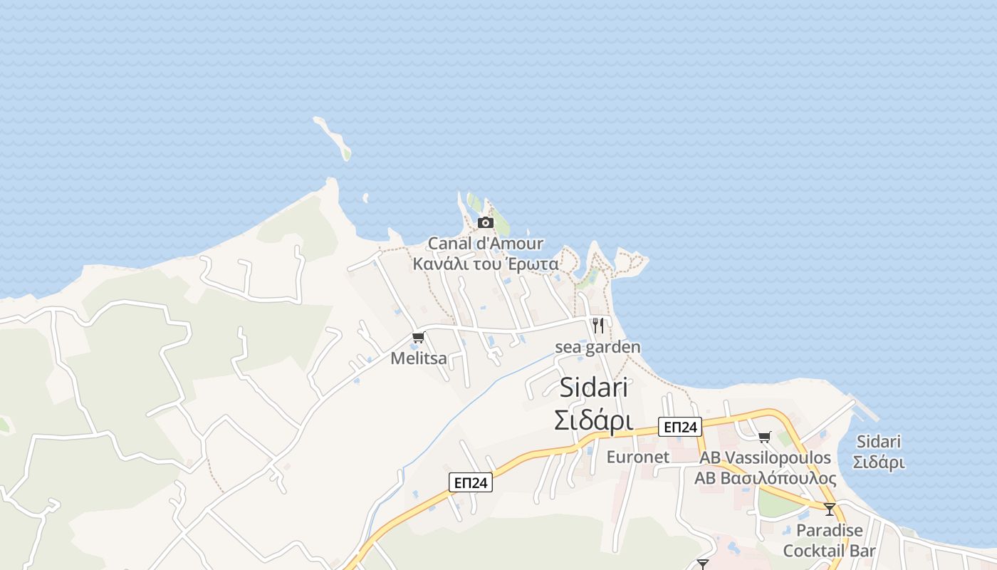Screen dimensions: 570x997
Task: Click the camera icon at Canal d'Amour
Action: pyautogui.click(x=486, y=222)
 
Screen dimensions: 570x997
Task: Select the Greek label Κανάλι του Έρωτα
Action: pyautogui.click(x=486, y=264)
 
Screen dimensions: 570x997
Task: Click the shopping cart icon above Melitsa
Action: pyautogui.click(x=418, y=337)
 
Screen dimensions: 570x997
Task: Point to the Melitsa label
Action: pyautogui.click(x=419, y=358)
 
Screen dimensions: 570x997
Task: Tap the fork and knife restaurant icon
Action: pyautogui.click(x=598, y=326)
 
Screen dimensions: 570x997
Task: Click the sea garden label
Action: pyautogui.click(x=597, y=347)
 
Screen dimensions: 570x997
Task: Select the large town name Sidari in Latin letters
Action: pyautogui.click(x=594, y=388)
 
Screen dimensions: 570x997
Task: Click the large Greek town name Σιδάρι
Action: pyautogui.click(x=594, y=420)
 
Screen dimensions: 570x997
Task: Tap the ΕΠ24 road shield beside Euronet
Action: pyautogui.click(x=680, y=427)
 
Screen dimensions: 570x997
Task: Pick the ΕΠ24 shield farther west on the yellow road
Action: pyautogui.click(x=471, y=482)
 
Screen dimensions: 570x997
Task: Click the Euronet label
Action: pyautogui.click(x=638, y=457)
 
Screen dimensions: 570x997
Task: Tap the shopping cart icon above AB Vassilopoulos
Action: pyautogui.click(x=765, y=437)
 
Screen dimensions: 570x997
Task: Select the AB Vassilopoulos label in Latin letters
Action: pyautogui.click(x=766, y=457)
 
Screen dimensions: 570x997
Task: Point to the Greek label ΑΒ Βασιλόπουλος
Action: pyautogui.click(x=766, y=477)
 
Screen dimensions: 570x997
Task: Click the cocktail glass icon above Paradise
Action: pyautogui.click(x=830, y=509)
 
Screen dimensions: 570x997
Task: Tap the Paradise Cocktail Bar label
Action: pyautogui.click(x=830, y=541)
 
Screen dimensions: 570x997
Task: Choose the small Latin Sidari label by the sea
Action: pyautogui.click(x=879, y=442)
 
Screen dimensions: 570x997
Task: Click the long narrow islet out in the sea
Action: pyautogui.click(x=333, y=138)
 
